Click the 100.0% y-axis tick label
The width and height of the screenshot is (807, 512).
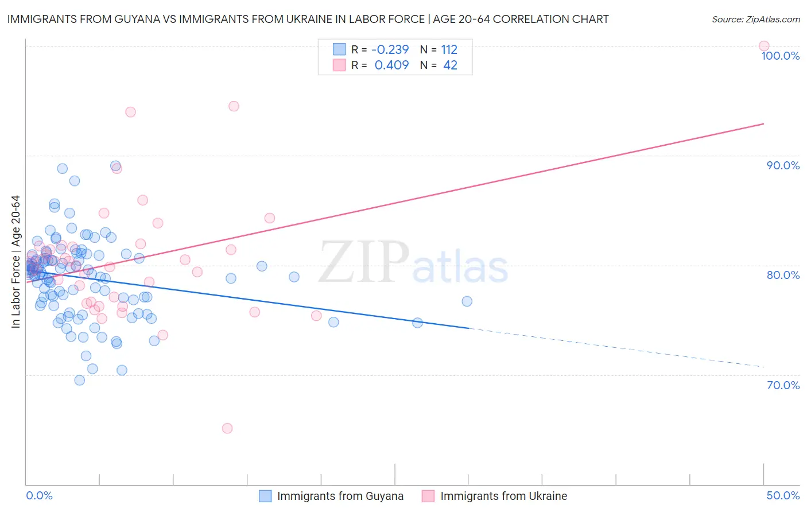[x=780, y=56]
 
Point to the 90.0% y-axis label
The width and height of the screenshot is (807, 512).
[x=783, y=165]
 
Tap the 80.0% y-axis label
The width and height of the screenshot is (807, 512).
[x=783, y=275]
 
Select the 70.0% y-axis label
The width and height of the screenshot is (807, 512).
[x=783, y=385]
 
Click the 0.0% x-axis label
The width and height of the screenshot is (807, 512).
[x=39, y=495]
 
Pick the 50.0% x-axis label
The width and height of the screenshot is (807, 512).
[x=783, y=495]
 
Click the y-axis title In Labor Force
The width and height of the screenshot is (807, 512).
[x=15, y=262]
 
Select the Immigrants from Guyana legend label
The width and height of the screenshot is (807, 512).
[x=340, y=496]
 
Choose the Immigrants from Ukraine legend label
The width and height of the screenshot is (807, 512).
[x=503, y=496]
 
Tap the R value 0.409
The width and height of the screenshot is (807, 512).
[x=391, y=65]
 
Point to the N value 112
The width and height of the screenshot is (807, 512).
[x=449, y=49]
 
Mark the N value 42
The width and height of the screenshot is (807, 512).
[x=450, y=65]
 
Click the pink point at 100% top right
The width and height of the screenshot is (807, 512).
[x=763, y=46]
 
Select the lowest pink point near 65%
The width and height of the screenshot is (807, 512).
[x=227, y=428]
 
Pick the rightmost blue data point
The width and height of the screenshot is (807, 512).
[x=467, y=301]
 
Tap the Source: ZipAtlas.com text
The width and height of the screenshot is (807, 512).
[x=755, y=19]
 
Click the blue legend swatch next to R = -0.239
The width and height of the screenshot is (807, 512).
[x=339, y=49]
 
